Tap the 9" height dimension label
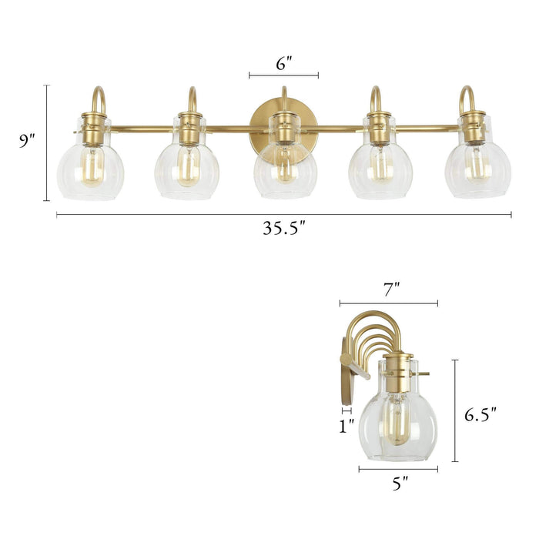28,141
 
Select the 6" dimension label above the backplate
283,65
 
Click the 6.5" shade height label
480,415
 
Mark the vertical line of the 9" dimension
47,142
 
